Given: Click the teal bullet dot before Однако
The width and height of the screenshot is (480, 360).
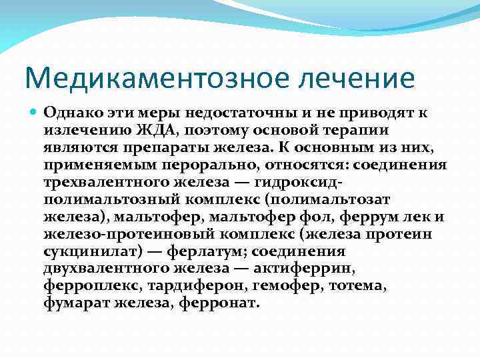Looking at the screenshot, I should click(x=34, y=113).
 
